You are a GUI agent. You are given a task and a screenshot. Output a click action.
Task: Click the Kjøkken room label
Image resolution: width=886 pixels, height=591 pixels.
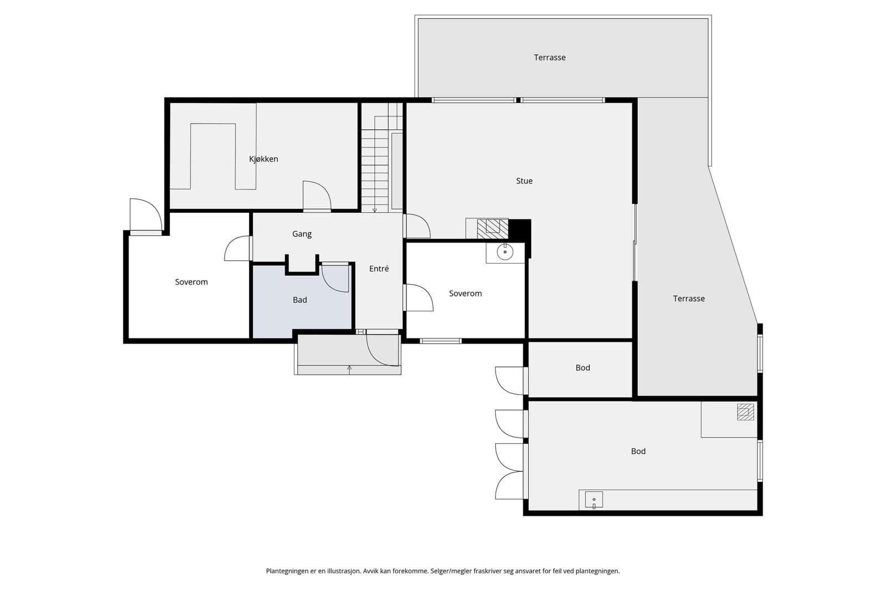pyautogui.click(x=264, y=159)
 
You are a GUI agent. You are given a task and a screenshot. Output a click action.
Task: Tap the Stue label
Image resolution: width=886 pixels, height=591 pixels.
pyautogui.click(x=524, y=181)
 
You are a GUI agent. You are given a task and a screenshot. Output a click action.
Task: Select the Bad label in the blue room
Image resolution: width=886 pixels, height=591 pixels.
pyautogui.click(x=300, y=300)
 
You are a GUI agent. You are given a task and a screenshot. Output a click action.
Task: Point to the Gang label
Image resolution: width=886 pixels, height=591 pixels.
pyautogui.click(x=302, y=234)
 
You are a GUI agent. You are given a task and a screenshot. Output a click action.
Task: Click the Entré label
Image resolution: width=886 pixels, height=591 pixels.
pyautogui.click(x=379, y=269)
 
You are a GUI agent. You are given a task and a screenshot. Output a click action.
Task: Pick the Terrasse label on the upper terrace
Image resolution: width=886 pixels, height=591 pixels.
pyautogui.click(x=549, y=58)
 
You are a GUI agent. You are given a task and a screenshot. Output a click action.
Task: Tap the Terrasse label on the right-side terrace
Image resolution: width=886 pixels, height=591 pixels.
pyautogui.click(x=689, y=299)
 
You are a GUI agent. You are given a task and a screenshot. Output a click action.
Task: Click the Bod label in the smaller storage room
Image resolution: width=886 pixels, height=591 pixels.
pyautogui.click(x=583, y=368)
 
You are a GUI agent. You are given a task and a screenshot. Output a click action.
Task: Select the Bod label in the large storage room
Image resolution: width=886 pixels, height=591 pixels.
pyautogui.click(x=638, y=451)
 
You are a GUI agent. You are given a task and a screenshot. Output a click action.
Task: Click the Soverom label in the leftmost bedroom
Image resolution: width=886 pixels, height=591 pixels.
pyautogui.click(x=191, y=282)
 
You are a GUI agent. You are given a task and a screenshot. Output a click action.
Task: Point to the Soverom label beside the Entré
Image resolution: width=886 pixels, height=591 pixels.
pyautogui.click(x=465, y=294)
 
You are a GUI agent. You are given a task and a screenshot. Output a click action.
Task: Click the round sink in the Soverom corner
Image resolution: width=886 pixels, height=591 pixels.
pyautogui.click(x=505, y=251)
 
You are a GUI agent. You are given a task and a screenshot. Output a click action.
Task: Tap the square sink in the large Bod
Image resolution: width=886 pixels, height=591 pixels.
pyautogui.click(x=594, y=500)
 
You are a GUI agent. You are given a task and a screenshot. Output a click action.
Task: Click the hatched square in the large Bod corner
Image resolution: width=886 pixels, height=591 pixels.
pyautogui.click(x=745, y=412)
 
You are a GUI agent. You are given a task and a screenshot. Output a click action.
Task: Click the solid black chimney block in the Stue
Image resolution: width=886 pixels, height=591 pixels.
pyautogui.click(x=519, y=230)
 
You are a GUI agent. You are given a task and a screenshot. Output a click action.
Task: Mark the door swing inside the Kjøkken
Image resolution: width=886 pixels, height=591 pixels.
pyautogui.click(x=317, y=194)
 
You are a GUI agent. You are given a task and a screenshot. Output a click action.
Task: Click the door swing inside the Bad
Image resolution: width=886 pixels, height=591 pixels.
pyautogui.click(x=335, y=278)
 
